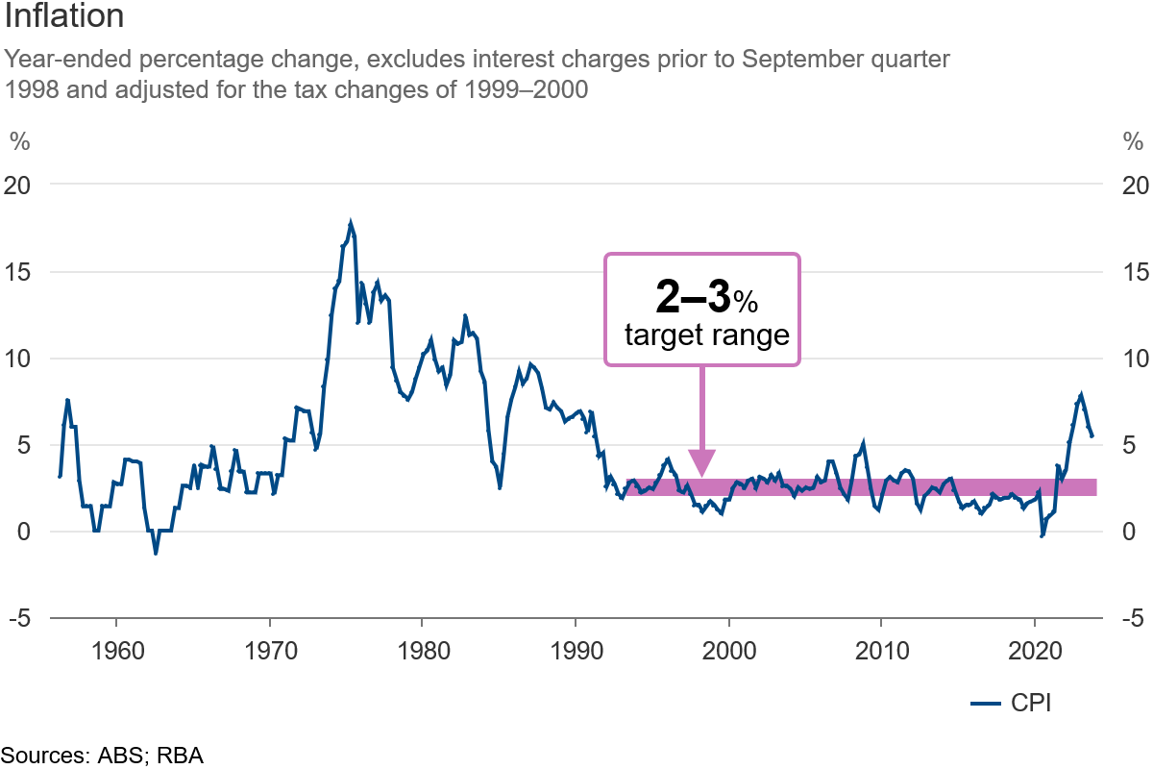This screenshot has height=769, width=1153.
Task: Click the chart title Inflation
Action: (x=63, y=17)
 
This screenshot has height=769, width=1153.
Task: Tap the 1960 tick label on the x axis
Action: (x=116, y=649)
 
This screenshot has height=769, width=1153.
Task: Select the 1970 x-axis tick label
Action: (x=270, y=649)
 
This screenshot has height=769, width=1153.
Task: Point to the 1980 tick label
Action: (x=423, y=649)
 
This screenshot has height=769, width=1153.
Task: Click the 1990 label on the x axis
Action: (x=576, y=649)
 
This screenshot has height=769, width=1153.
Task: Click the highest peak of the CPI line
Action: (x=351, y=223)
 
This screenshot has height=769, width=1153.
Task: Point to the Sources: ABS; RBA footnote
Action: (x=102, y=756)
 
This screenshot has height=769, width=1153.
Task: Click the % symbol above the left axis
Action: (x=19, y=141)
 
